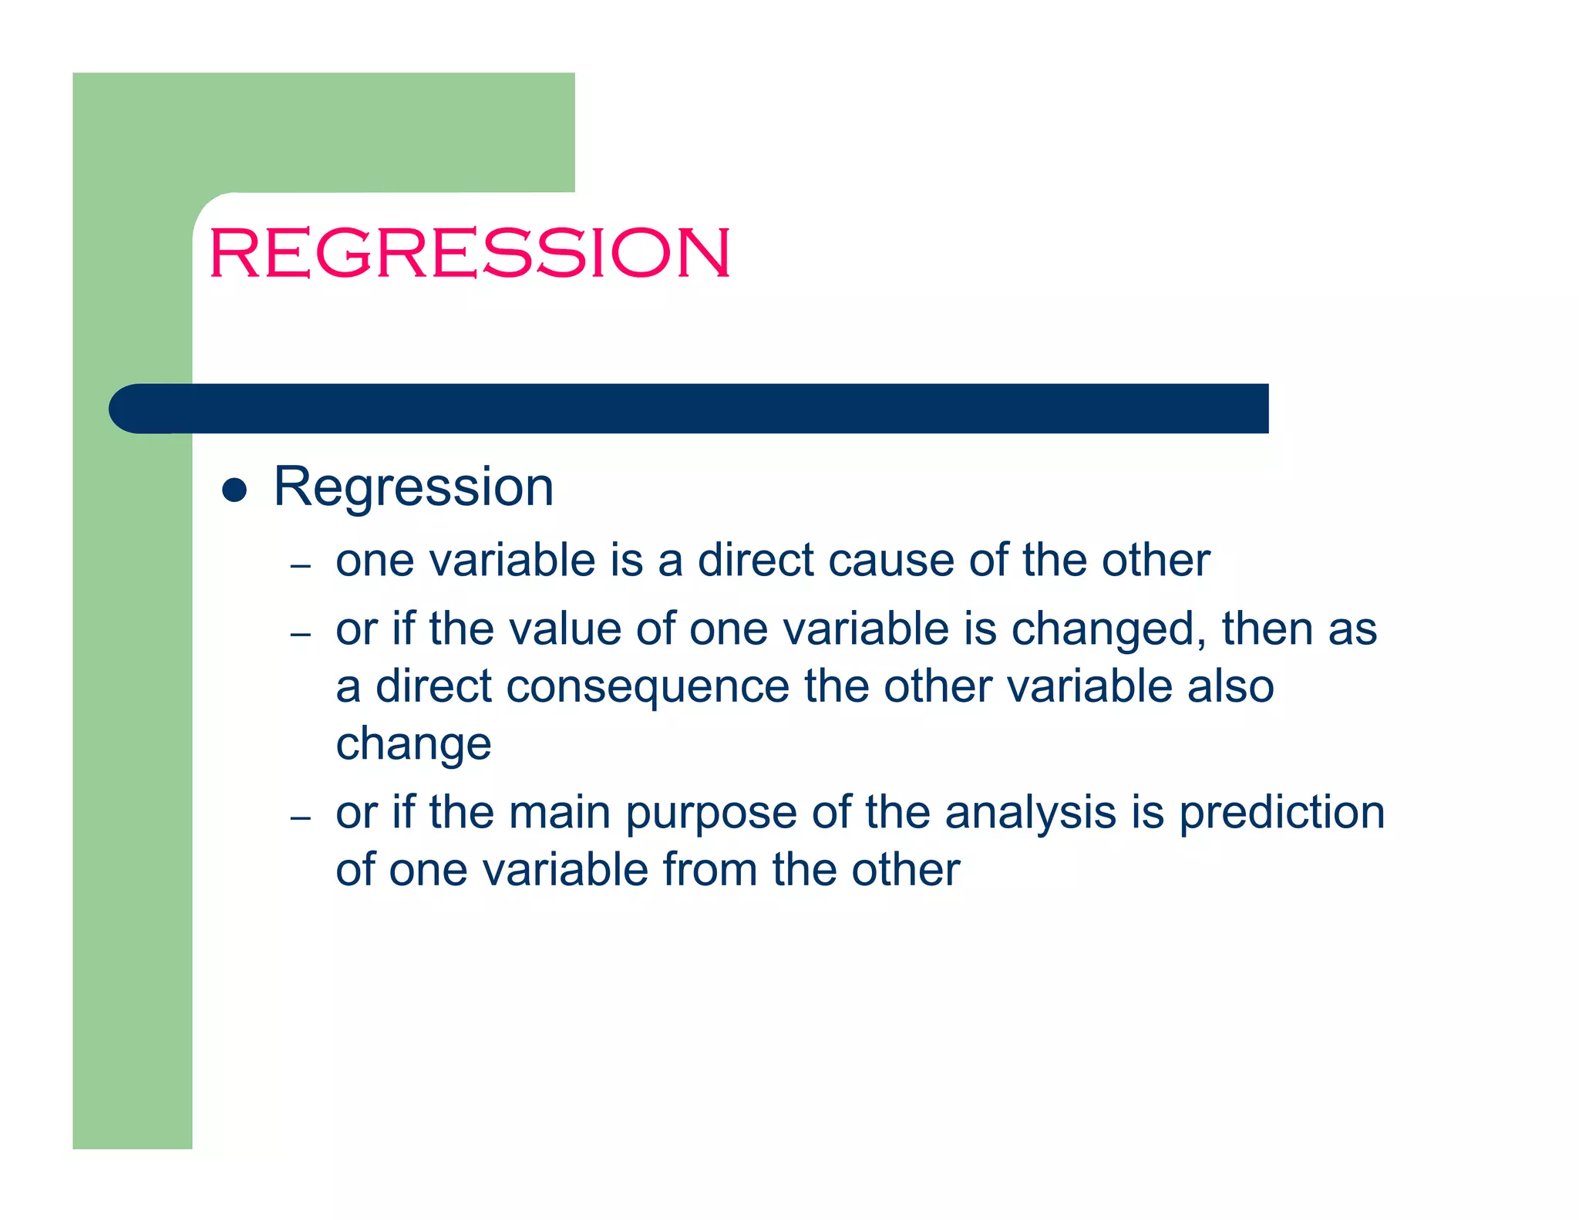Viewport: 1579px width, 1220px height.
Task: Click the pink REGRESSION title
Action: (x=469, y=253)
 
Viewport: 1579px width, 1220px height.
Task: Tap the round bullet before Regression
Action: (x=234, y=490)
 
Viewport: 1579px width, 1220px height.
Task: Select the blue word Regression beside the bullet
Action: (x=413, y=487)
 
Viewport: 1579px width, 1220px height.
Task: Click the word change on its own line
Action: (x=413, y=745)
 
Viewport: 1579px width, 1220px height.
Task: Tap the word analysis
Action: (x=1030, y=813)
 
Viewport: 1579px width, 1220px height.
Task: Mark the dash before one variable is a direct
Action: (x=300, y=566)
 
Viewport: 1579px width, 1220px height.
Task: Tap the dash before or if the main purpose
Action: (x=300, y=817)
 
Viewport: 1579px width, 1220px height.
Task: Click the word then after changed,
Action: (x=1268, y=629)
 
